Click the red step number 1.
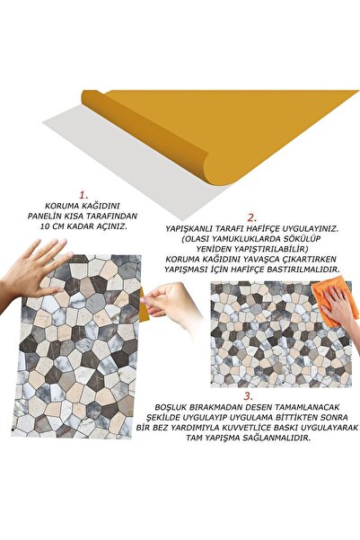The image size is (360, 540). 82,193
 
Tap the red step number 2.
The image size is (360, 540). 253,216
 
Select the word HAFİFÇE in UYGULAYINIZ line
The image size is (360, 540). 268,229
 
